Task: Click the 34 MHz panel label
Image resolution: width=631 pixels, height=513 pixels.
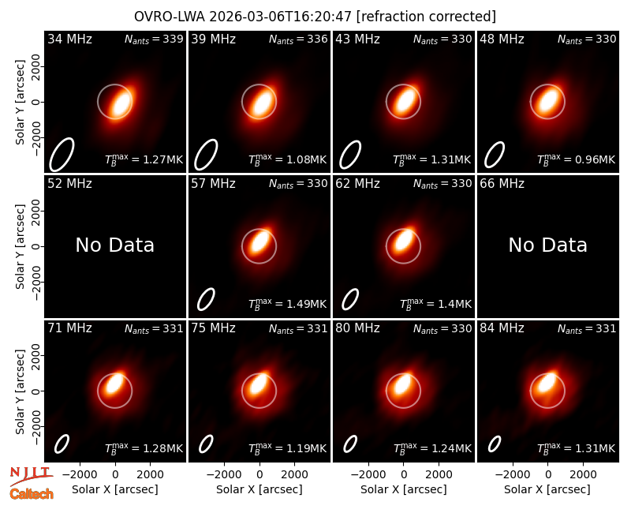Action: click(69, 39)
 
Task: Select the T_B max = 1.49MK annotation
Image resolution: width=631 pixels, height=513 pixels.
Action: click(287, 304)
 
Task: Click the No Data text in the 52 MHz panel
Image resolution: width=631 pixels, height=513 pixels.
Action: click(114, 245)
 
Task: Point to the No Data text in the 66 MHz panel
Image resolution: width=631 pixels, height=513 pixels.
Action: click(547, 245)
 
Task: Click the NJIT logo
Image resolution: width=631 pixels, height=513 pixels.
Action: click(31, 476)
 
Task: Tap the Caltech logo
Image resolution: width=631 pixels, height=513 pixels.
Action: click(32, 494)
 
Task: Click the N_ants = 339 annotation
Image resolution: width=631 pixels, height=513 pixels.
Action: click(154, 39)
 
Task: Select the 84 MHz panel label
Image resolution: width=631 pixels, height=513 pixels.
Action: click(502, 328)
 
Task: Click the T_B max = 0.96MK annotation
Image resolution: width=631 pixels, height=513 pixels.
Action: click(576, 160)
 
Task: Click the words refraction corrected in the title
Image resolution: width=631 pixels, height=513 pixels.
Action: click(427, 17)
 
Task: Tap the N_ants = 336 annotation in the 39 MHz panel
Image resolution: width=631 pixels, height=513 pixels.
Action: click(298, 39)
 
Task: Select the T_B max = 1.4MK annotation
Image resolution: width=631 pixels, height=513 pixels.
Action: click(435, 304)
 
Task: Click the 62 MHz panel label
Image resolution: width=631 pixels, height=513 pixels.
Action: click(358, 184)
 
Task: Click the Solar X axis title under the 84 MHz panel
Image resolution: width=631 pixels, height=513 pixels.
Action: click(547, 489)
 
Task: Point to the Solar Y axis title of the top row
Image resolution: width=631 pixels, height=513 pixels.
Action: click(21, 103)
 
